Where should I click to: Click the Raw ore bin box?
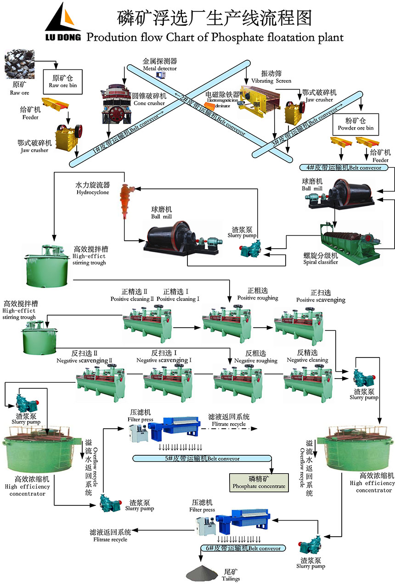tap(63, 82)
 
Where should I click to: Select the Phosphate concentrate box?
tap(259, 483)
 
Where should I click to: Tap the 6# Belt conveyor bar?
tap(243, 548)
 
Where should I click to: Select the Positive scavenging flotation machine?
tap(300, 321)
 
